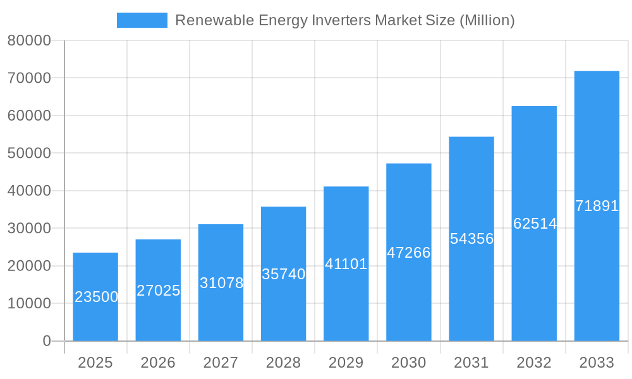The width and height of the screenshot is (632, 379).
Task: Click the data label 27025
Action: click(x=159, y=291)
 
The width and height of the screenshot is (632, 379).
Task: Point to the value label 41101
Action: click(x=346, y=264)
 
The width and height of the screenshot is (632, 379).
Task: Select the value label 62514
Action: click(x=535, y=224)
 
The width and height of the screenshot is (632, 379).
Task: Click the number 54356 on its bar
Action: click(x=471, y=239)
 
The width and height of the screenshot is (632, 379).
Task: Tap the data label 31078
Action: click(x=221, y=283)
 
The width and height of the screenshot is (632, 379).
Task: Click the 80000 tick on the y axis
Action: click(x=28, y=40)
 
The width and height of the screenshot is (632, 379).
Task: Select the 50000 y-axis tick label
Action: click(x=28, y=153)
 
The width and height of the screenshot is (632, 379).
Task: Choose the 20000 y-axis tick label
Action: click(x=28, y=266)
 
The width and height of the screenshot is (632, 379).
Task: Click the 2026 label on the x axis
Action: click(x=158, y=363)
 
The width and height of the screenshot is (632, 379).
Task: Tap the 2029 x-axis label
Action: click(x=346, y=363)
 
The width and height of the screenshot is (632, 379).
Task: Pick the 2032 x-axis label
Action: click(x=534, y=363)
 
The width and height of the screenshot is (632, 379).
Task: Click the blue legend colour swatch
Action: click(x=142, y=20)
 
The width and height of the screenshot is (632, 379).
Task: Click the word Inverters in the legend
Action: click(x=342, y=20)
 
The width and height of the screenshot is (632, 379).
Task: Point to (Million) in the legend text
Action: click(x=487, y=20)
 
